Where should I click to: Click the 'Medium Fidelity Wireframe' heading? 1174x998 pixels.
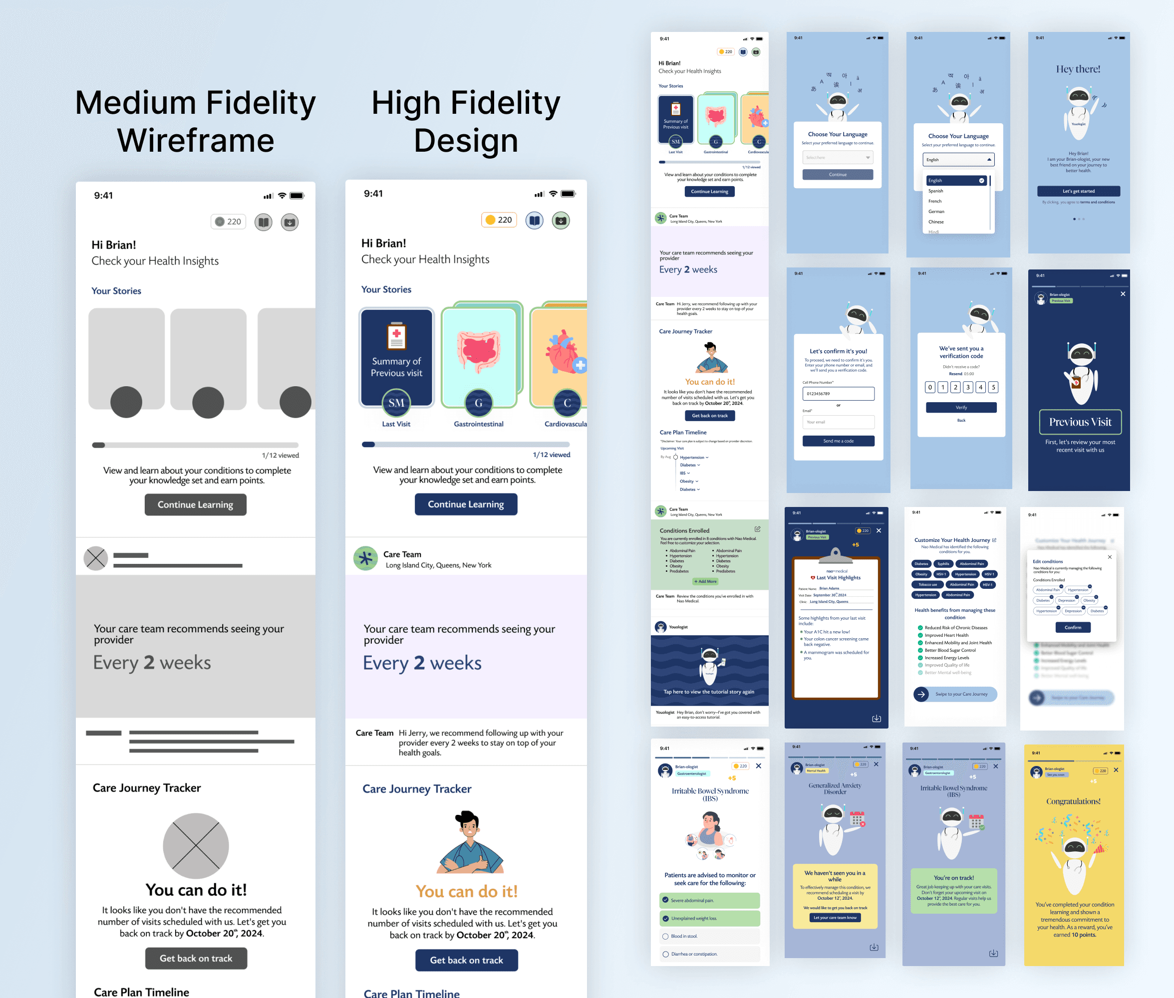195,121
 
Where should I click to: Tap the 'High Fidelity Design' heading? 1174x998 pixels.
466,121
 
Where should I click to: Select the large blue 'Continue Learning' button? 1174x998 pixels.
466,504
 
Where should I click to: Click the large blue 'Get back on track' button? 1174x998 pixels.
466,960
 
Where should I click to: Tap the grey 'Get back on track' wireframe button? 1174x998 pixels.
196,959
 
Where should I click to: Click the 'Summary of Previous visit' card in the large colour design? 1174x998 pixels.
397,358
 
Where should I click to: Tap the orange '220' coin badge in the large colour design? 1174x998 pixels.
499,220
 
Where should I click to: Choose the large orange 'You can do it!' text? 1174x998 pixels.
466,892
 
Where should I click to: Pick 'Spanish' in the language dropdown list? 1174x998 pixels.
936,191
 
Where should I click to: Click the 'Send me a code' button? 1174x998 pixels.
838,441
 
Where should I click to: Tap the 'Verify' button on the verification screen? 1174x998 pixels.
961,407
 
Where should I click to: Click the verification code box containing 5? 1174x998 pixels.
993,388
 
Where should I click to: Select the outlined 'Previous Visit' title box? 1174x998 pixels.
1080,422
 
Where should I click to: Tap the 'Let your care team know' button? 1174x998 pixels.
835,918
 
